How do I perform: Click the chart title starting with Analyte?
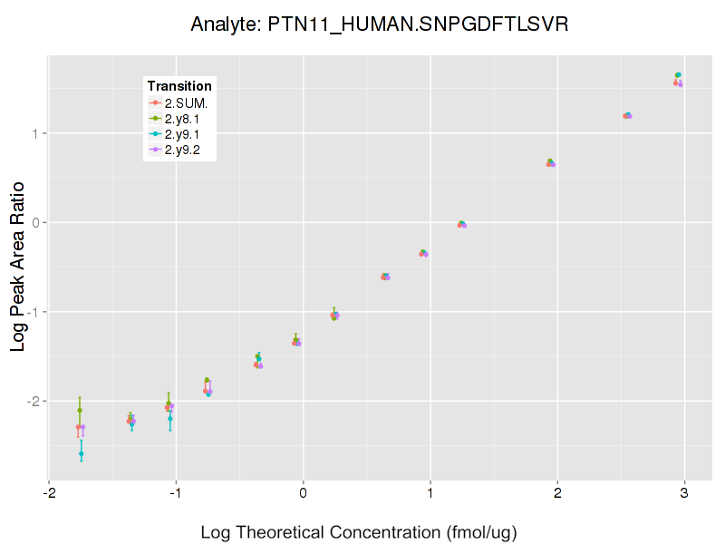[380, 24]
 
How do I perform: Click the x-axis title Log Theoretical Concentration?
[359, 531]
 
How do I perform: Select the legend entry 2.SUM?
[186, 102]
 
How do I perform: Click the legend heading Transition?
[179, 86]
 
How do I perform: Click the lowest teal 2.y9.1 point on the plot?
[82, 453]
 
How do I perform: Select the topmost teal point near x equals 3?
[678, 74]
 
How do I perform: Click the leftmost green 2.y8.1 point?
[80, 410]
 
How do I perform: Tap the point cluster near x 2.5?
[627, 115]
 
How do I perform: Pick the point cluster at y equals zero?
[462, 224]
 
